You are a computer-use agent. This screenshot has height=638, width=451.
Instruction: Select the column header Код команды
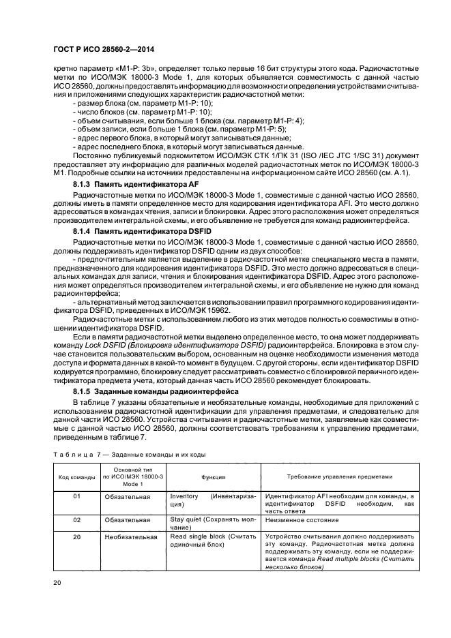pos(76,477)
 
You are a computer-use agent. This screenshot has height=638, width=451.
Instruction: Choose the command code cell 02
pos(76,519)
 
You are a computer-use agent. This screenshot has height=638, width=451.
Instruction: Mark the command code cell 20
pos(76,536)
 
